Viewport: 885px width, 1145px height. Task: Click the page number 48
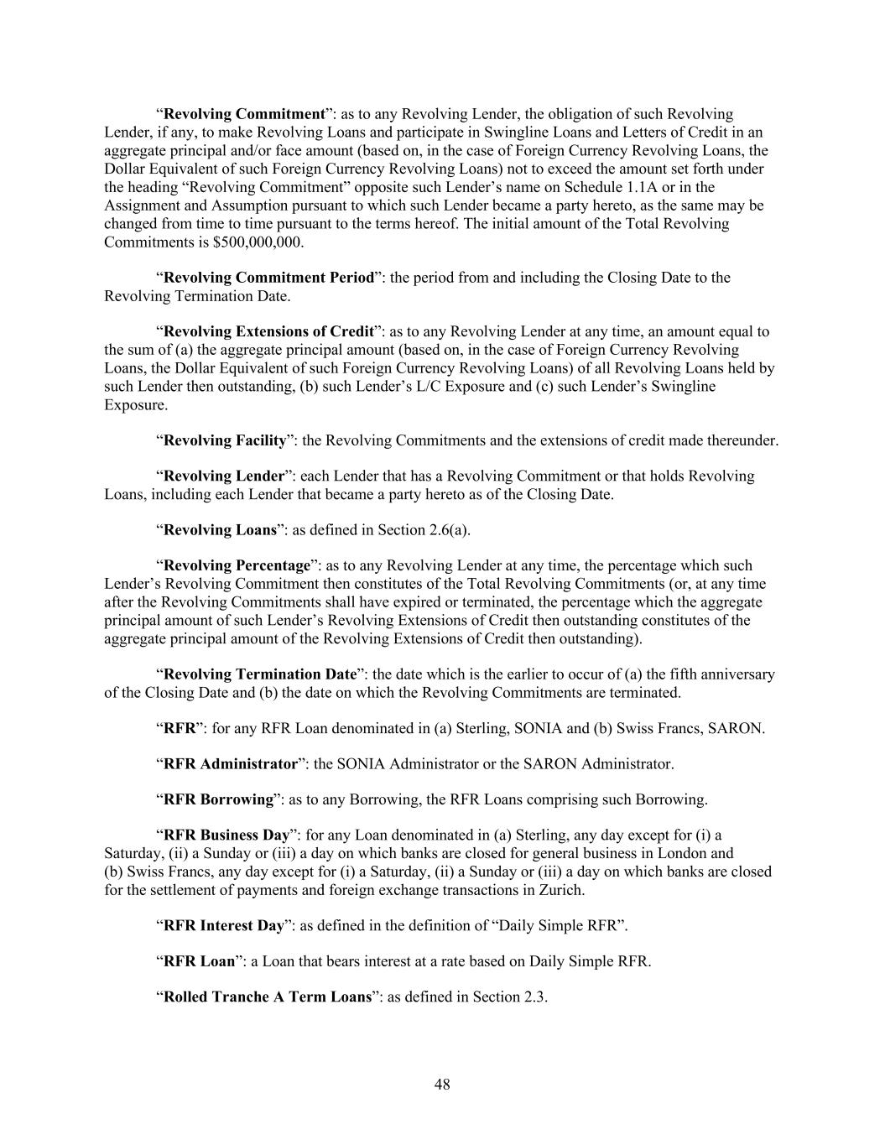click(442, 1085)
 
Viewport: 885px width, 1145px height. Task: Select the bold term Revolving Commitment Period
click(268, 278)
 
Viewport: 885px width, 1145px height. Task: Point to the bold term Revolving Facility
click(225, 440)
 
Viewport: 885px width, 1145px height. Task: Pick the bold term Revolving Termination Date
click(261, 674)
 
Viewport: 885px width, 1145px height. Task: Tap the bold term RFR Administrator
click(231, 764)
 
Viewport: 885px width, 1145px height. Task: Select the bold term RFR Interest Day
click(223, 926)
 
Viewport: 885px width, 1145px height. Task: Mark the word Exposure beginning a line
click(135, 404)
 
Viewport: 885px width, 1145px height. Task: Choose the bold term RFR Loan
click(199, 961)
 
